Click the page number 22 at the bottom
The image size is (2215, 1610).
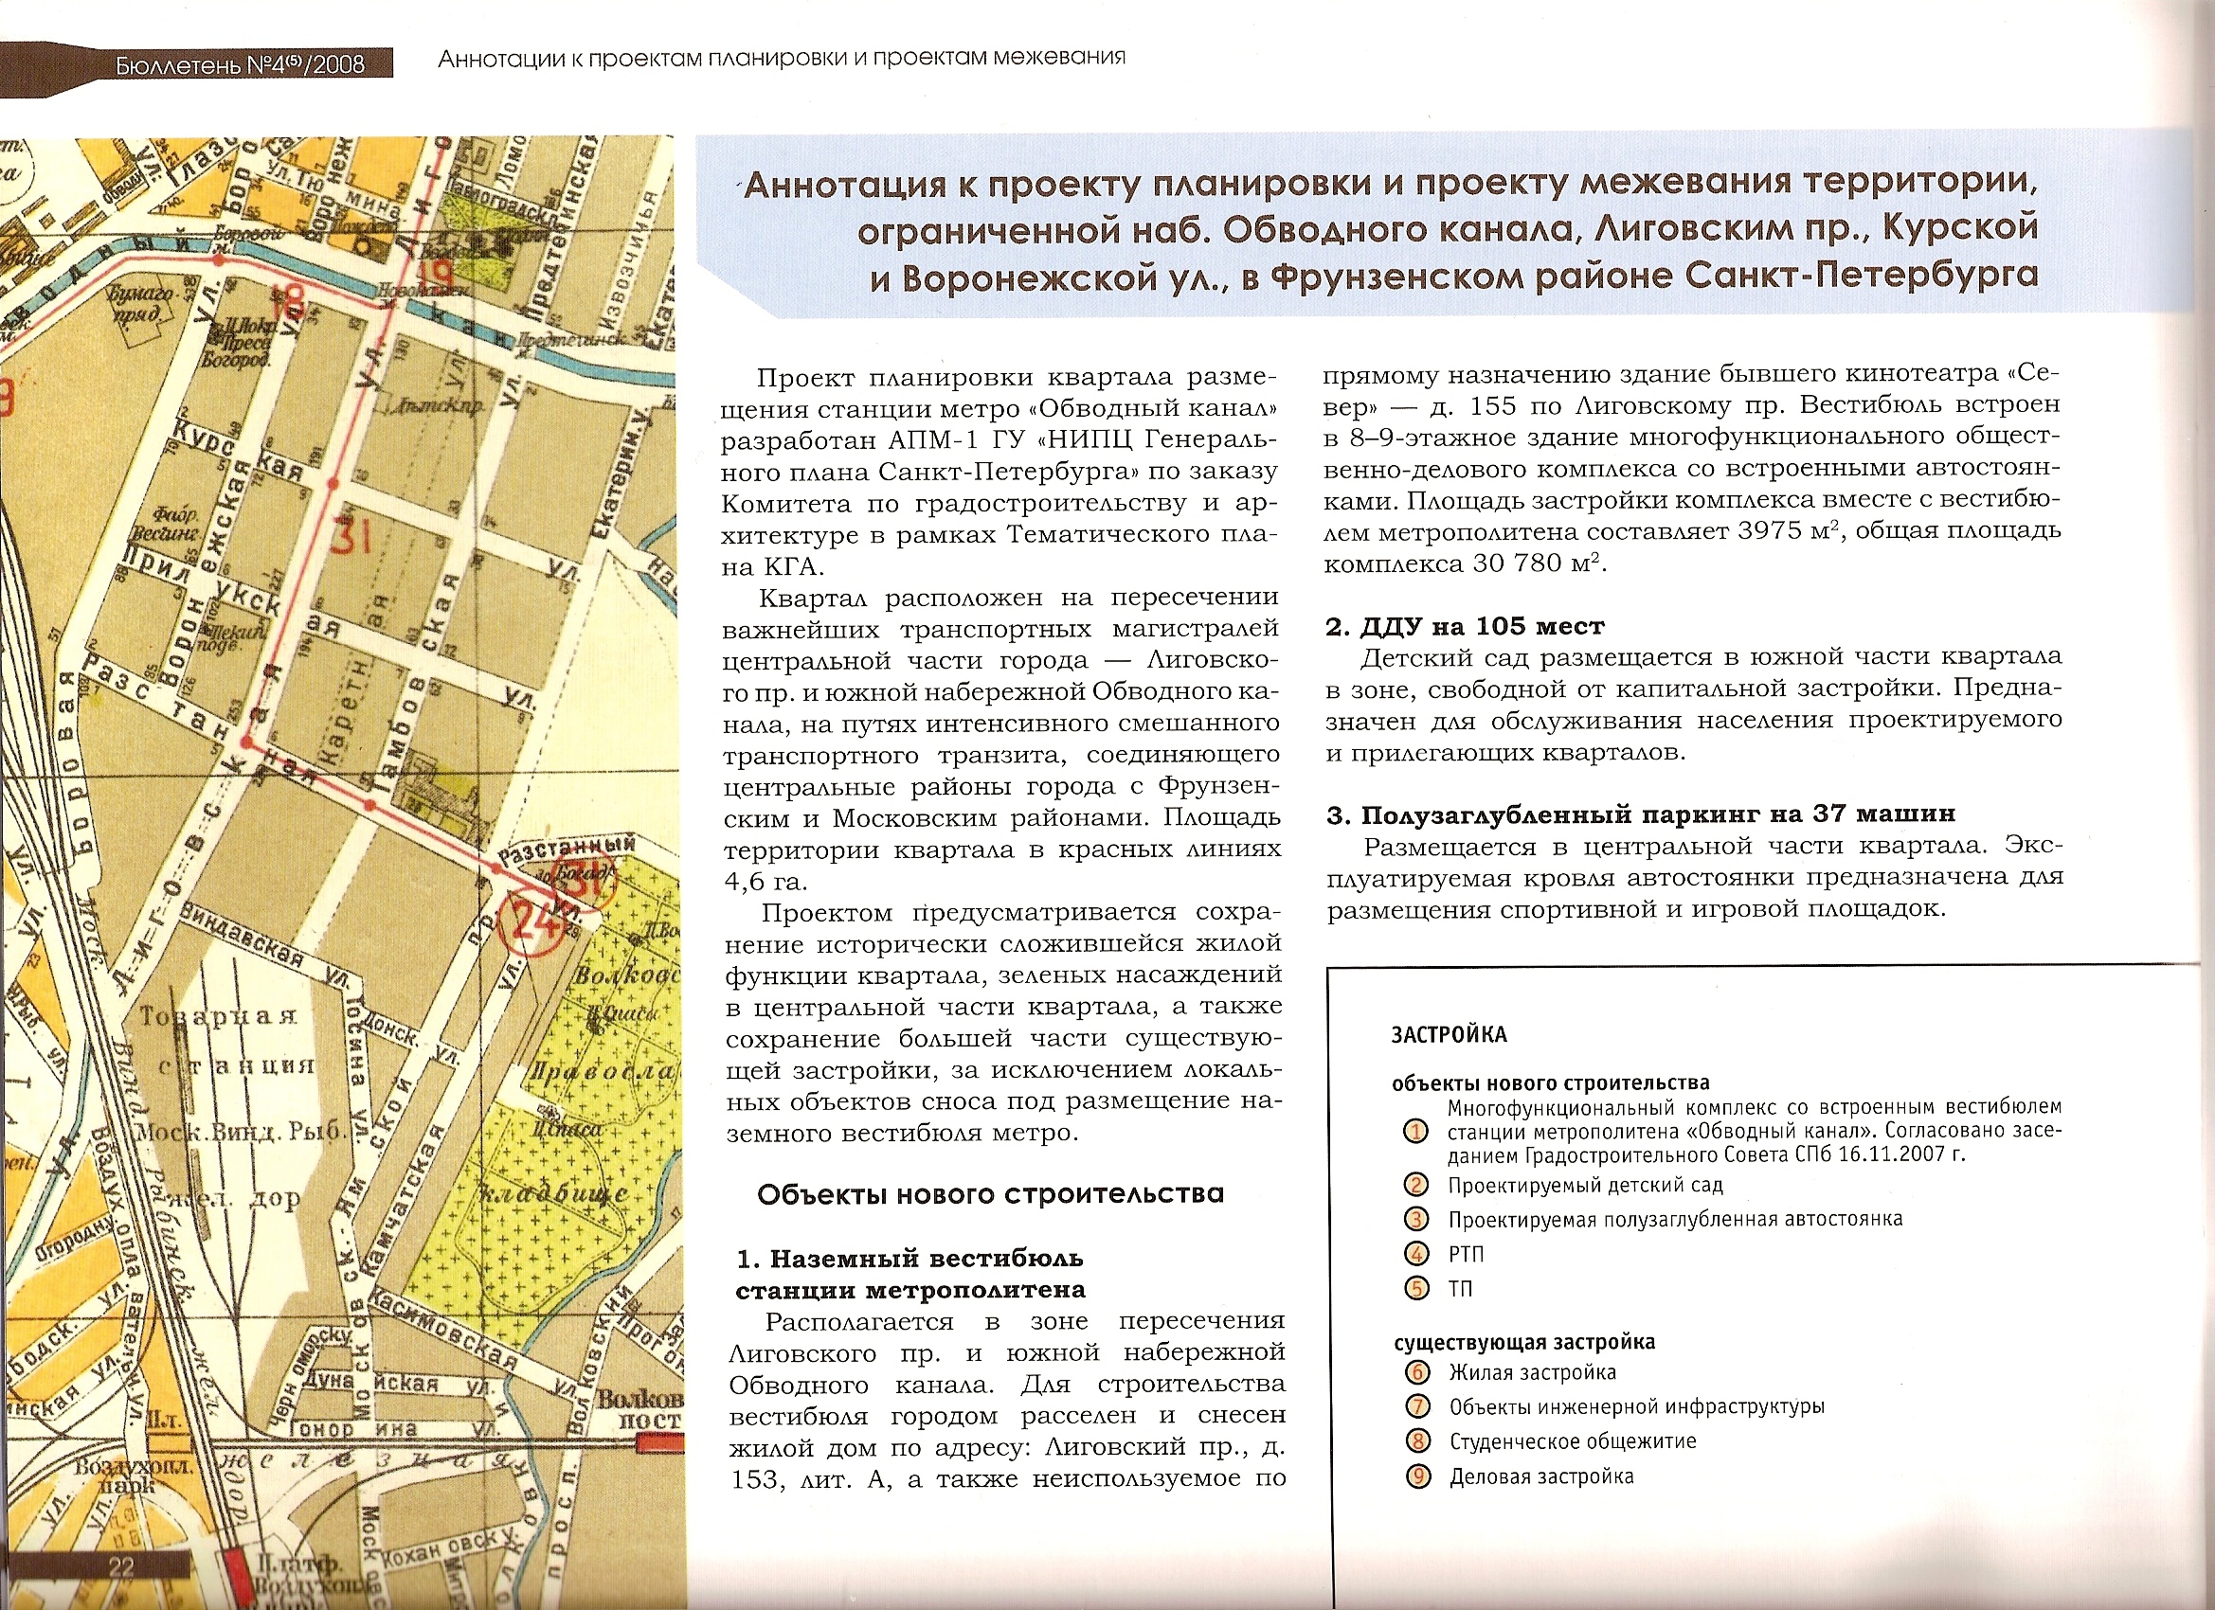pyautogui.click(x=121, y=1567)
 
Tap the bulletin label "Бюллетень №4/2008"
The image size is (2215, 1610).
pyautogui.click(x=241, y=64)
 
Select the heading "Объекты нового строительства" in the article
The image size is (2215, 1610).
pyautogui.click(x=989, y=1194)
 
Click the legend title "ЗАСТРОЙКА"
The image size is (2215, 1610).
pyautogui.click(x=1449, y=1035)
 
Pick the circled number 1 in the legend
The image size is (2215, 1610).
pyautogui.click(x=1415, y=1132)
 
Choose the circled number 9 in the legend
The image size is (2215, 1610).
pyautogui.click(x=1417, y=1476)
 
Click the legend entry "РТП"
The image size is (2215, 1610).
pyautogui.click(x=1465, y=1255)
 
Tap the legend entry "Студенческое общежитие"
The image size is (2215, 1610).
pyautogui.click(x=1572, y=1442)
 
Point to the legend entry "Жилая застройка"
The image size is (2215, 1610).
pyautogui.click(x=1531, y=1372)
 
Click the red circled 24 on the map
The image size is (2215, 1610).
pyautogui.click(x=529, y=921)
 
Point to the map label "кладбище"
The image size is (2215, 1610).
pyautogui.click(x=552, y=1194)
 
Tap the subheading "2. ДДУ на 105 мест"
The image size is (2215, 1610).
pyautogui.click(x=1464, y=626)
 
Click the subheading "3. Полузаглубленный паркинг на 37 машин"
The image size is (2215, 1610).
pyautogui.click(x=1640, y=814)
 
